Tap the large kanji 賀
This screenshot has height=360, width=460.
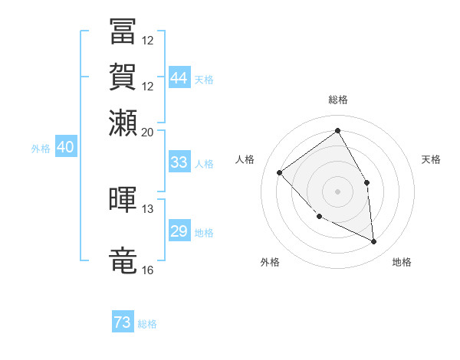123,77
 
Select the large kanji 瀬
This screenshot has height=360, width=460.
123,123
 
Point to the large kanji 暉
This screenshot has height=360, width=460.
123,199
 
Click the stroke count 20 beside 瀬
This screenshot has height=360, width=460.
148,132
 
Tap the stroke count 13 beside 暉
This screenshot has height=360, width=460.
148,208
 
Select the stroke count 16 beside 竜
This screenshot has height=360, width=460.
148,270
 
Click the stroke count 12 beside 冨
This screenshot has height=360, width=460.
148,40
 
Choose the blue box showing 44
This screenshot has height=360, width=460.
179,77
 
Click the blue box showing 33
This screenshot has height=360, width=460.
179,162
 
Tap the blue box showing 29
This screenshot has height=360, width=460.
179,231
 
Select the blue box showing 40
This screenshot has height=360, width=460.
65,148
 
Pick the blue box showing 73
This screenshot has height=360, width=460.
123,323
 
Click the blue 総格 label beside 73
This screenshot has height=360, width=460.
148,325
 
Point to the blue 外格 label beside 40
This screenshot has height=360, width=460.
41,149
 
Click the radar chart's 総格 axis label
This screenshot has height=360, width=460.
337,100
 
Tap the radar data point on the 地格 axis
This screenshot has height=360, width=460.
374,242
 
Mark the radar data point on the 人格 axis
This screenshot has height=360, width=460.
280,172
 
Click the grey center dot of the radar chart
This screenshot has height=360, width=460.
337,191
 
